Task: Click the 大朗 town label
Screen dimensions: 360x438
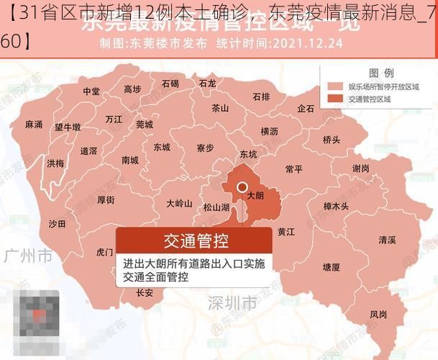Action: [x=255, y=195]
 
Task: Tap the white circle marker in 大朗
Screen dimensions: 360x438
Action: [x=242, y=186]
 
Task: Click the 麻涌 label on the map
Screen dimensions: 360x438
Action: [x=34, y=124]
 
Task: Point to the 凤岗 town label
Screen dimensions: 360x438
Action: [x=378, y=314]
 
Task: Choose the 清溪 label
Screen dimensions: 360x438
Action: [x=387, y=240]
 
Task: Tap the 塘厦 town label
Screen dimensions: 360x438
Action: [x=331, y=266]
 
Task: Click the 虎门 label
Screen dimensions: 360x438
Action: [x=104, y=253]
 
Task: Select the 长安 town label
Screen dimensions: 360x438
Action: [x=145, y=293]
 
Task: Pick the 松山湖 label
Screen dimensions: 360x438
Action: [x=216, y=207]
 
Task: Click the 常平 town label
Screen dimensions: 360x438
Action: [x=293, y=168]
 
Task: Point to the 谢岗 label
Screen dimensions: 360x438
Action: [x=361, y=168]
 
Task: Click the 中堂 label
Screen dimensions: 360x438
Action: [x=91, y=91]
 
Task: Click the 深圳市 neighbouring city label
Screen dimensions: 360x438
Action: [x=231, y=301]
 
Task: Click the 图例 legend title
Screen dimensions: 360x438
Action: [x=380, y=73]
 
